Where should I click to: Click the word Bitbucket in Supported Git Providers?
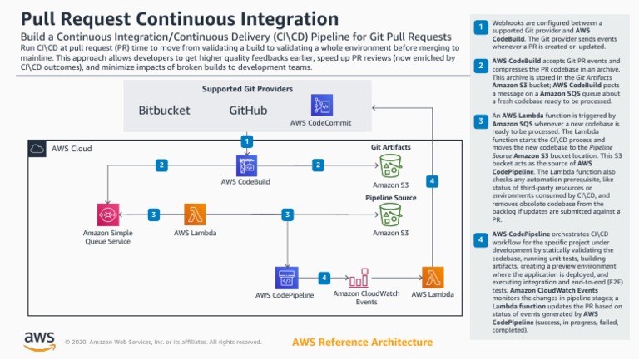click(163, 110)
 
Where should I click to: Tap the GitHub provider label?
click(248, 110)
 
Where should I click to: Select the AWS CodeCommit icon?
click(322, 105)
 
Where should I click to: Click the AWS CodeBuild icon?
click(246, 165)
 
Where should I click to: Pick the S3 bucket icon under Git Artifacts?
click(390, 165)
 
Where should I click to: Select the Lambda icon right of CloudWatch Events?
click(433, 277)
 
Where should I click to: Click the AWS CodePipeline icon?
click(286, 277)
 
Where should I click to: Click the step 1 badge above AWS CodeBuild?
click(247, 141)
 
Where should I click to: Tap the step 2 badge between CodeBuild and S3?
click(318, 165)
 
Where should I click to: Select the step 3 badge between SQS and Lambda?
click(153, 215)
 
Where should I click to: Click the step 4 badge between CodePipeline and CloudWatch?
click(324, 277)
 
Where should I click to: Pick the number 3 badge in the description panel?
click(480, 122)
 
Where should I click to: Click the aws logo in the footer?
click(39, 340)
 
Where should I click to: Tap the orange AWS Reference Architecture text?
click(362, 342)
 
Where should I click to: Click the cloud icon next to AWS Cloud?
click(37, 149)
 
